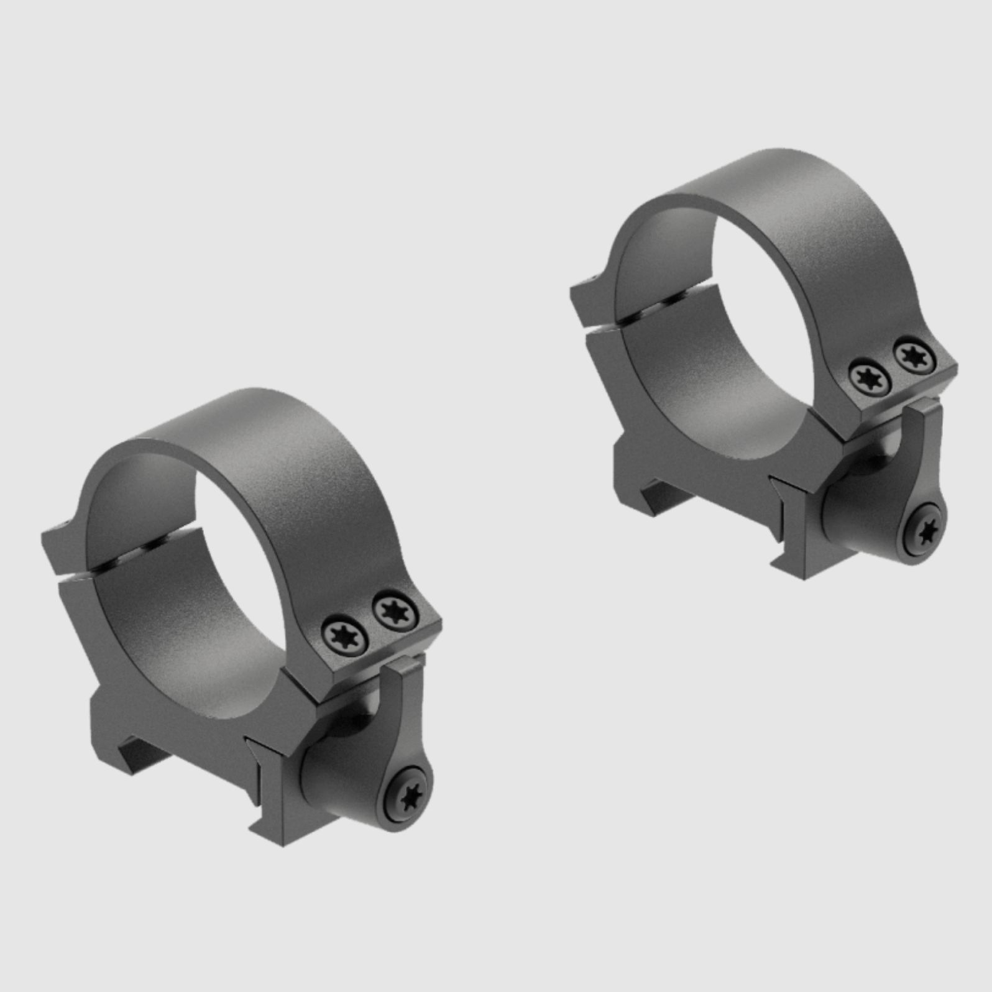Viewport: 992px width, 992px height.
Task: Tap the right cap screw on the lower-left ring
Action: tap(393, 612)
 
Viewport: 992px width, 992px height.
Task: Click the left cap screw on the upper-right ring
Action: tap(870, 377)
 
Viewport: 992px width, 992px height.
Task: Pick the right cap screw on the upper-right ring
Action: tap(914, 356)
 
